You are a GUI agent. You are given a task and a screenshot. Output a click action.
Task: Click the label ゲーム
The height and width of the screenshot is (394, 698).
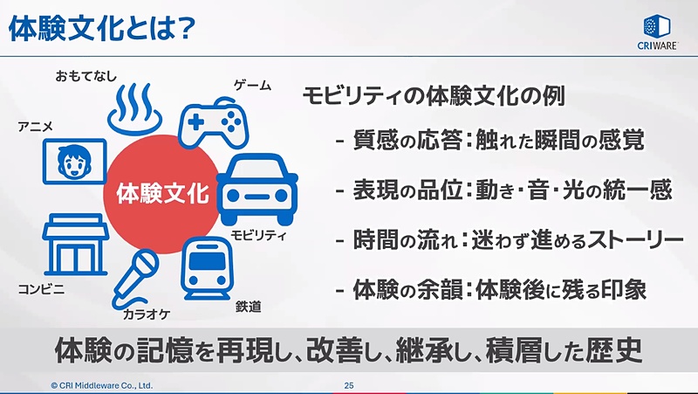pyautogui.click(x=252, y=86)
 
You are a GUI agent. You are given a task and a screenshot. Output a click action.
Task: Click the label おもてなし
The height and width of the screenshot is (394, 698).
pyautogui.click(x=86, y=75)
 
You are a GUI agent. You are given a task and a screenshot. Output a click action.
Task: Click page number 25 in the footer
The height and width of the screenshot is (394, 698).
pyautogui.click(x=349, y=384)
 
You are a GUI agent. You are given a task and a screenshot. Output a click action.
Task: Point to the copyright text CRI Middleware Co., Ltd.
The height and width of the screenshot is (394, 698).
pyautogui.click(x=101, y=384)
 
